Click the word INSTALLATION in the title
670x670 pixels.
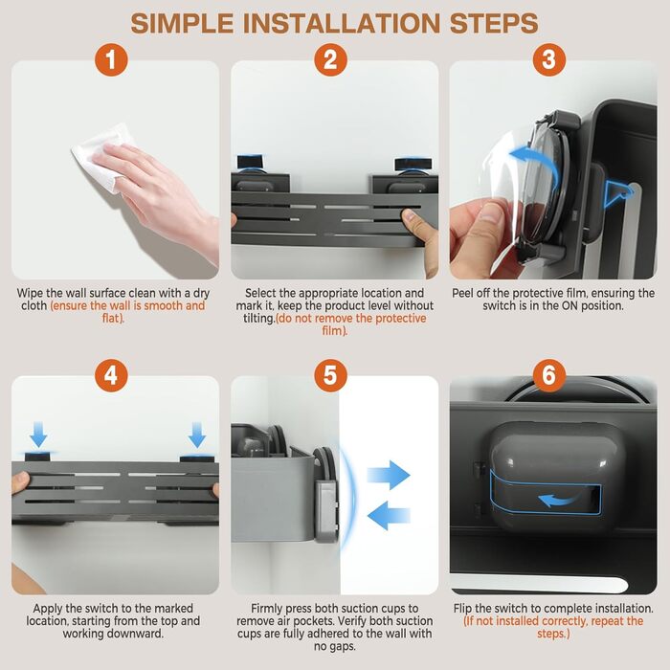click(342, 23)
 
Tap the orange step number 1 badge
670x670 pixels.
click(111, 59)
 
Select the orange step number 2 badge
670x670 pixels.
click(330, 59)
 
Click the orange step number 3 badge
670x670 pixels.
click(549, 59)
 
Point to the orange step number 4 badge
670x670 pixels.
click(111, 375)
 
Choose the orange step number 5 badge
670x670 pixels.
click(330, 375)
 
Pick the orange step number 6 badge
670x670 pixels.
click(549, 375)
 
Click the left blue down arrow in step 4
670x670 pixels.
click(38, 435)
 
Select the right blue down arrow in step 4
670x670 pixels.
click(197, 435)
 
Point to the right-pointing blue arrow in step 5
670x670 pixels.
click(389, 475)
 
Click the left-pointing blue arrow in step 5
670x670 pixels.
click(389, 515)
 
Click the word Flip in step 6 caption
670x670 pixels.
click(462, 609)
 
